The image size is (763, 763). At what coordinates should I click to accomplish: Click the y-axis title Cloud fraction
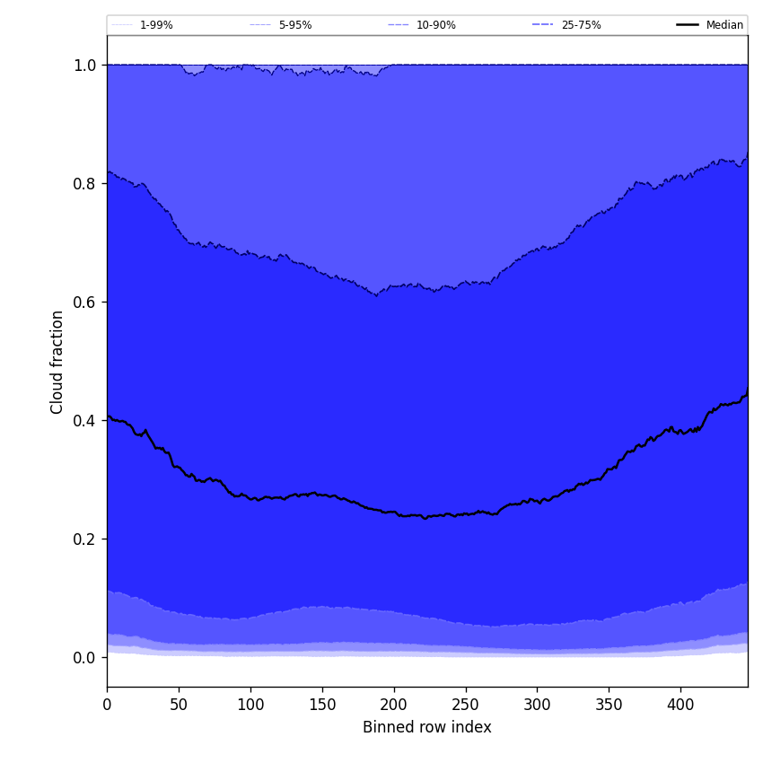(x=57, y=362)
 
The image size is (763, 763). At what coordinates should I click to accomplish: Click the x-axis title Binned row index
(x=427, y=727)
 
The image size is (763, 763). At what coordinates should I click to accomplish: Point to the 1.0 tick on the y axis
(x=84, y=65)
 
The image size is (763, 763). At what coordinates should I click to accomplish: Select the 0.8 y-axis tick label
(x=84, y=183)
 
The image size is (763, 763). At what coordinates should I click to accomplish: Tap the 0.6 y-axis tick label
(x=84, y=302)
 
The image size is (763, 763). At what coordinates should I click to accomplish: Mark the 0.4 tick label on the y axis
(x=84, y=420)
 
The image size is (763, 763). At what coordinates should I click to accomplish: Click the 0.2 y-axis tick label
(x=84, y=539)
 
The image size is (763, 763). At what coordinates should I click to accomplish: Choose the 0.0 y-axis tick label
(x=84, y=657)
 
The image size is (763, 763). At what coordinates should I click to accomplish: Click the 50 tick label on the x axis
(x=179, y=705)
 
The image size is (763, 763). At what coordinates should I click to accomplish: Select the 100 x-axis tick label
(x=250, y=705)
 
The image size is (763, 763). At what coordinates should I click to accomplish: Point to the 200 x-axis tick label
(x=394, y=705)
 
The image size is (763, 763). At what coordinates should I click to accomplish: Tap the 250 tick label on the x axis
(x=465, y=705)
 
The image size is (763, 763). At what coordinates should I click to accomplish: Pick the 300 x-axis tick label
(x=537, y=705)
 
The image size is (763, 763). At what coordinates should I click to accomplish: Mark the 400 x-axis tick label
(x=680, y=705)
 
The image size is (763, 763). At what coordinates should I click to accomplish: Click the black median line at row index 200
(x=393, y=513)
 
